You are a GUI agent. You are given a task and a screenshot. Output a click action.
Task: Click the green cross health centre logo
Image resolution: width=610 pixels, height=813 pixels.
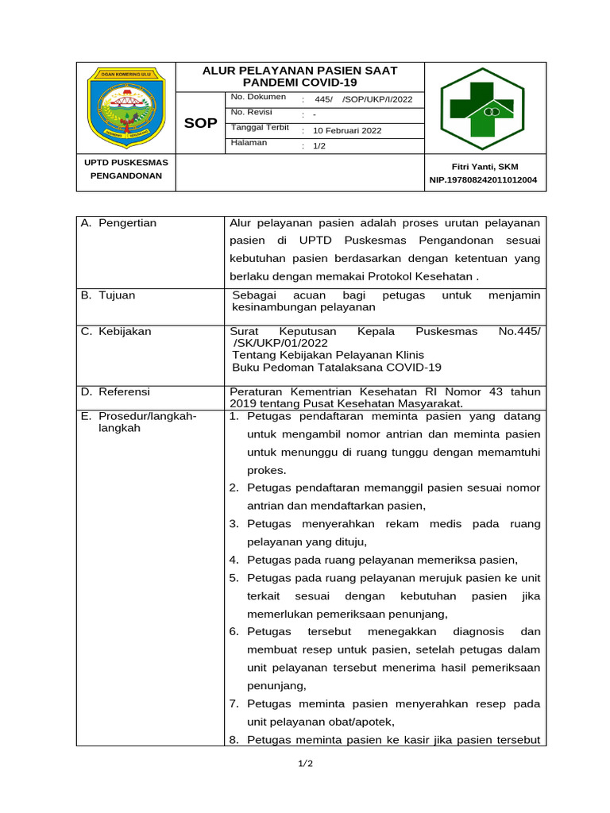[x=482, y=107]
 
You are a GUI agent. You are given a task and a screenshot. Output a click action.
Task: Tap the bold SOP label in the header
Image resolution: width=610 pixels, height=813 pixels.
[x=199, y=123]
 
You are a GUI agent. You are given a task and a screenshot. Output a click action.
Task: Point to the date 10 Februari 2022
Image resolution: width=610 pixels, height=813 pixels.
[x=347, y=130]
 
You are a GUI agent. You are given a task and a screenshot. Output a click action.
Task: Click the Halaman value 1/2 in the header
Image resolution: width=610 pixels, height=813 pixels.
[x=319, y=146]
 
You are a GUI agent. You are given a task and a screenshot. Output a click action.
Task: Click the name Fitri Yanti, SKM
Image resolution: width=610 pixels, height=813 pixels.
[x=483, y=166]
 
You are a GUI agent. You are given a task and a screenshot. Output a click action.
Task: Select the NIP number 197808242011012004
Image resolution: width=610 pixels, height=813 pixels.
[x=483, y=180]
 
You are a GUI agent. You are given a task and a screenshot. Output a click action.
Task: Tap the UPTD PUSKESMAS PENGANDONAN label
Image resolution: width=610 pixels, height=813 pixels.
[x=125, y=169]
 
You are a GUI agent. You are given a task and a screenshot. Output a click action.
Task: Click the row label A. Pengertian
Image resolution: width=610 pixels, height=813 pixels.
[x=119, y=223]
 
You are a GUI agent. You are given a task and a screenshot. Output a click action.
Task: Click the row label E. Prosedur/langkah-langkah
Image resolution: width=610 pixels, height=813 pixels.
[x=139, y=422]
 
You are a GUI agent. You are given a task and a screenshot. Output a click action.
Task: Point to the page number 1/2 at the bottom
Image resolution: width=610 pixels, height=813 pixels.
[x=306, y=764]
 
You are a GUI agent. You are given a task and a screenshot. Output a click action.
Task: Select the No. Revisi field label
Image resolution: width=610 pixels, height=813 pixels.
[x=252, y=112]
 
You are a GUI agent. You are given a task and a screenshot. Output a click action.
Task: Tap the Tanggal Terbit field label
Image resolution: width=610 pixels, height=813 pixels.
[x=260, y=128]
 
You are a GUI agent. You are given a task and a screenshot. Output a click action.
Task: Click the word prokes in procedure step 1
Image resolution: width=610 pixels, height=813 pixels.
[x=261, y=469]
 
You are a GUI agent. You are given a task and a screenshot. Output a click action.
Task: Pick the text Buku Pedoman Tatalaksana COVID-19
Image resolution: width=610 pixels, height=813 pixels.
[x=336, y=368]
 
